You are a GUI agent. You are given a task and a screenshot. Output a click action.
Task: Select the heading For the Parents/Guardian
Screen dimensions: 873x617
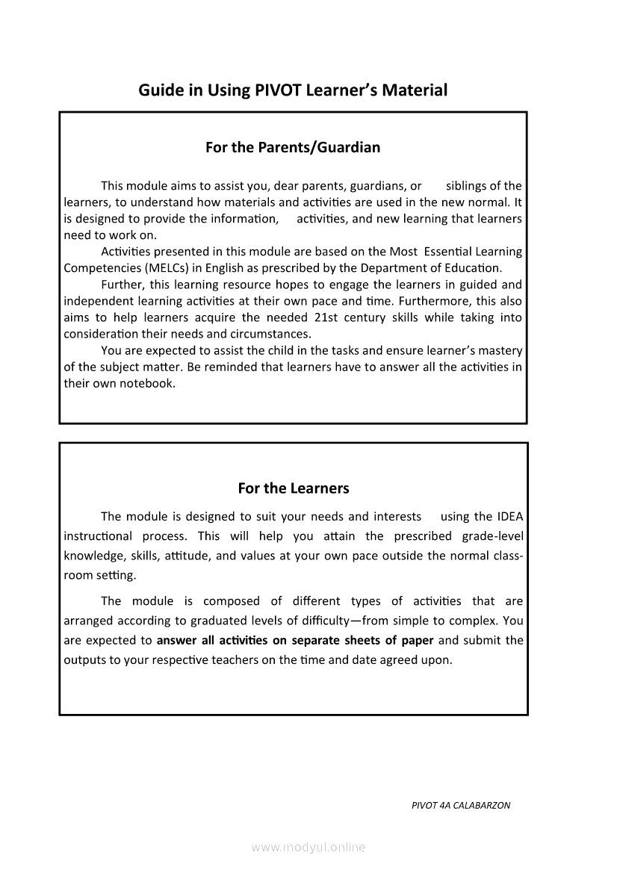(293, 147)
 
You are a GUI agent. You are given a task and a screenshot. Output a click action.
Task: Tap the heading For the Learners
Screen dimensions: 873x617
(293, 488)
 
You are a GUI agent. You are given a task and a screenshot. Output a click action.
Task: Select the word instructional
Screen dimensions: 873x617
(97, 536)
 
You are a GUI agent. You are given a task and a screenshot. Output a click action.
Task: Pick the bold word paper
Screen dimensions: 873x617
(416, 640)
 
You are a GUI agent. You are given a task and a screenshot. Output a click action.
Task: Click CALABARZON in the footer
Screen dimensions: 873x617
(483, 806)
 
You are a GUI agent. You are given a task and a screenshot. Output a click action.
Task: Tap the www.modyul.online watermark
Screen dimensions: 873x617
(308, 847)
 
